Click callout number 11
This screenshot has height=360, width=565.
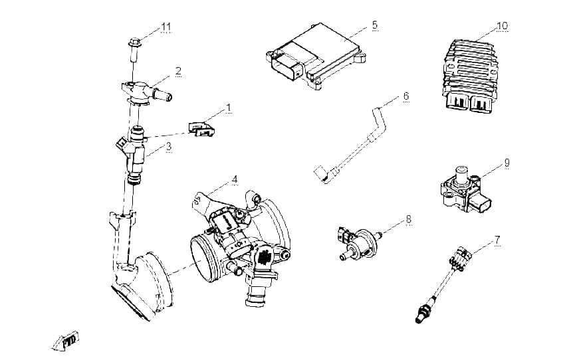click(166, 27)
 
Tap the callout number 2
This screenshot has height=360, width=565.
click(178, 71)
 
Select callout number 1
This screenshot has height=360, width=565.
click(228, 108)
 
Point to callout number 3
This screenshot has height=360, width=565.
click(169, 147)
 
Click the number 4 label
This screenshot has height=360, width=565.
click(235, 179)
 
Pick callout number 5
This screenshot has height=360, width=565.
click(375, 25)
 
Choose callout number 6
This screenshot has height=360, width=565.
click(406, 96)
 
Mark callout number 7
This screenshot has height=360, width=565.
click(497, 239)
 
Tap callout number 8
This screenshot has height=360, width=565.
click(408, 219)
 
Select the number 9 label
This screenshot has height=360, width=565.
click(507, 163)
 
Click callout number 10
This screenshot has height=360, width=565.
click(502, 26)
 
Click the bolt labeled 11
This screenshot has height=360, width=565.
click(134, 50)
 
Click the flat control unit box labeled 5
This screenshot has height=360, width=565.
click(316, 56)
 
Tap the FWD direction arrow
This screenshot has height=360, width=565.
click(66, 341)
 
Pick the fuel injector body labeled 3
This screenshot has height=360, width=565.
click(134, 155)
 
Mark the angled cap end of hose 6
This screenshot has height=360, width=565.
click(321, 173)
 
